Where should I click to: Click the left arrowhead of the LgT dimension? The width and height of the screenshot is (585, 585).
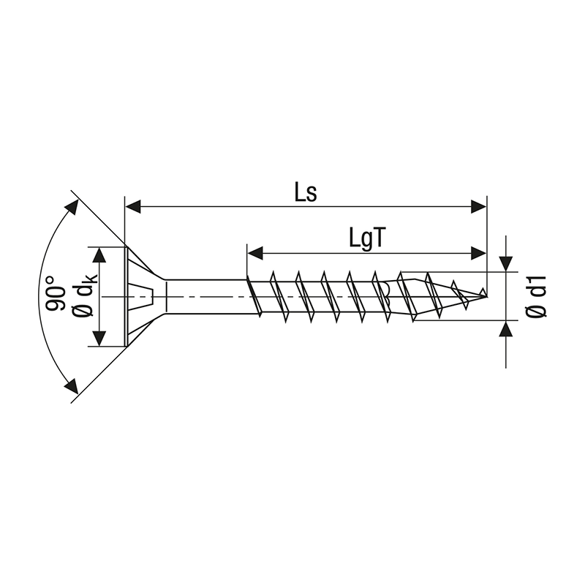click(255, 254)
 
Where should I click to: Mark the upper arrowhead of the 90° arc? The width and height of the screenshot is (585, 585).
click(72, 206)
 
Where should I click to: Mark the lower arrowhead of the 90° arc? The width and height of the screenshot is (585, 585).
click(72, 386)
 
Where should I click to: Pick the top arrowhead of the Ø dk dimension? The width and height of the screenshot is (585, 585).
click(98, 254)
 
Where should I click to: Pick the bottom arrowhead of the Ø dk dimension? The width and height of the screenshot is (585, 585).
click(98, 339)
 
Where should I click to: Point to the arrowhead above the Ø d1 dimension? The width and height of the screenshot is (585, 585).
click(505, 263)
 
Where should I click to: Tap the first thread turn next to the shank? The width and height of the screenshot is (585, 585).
click(253, 295)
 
